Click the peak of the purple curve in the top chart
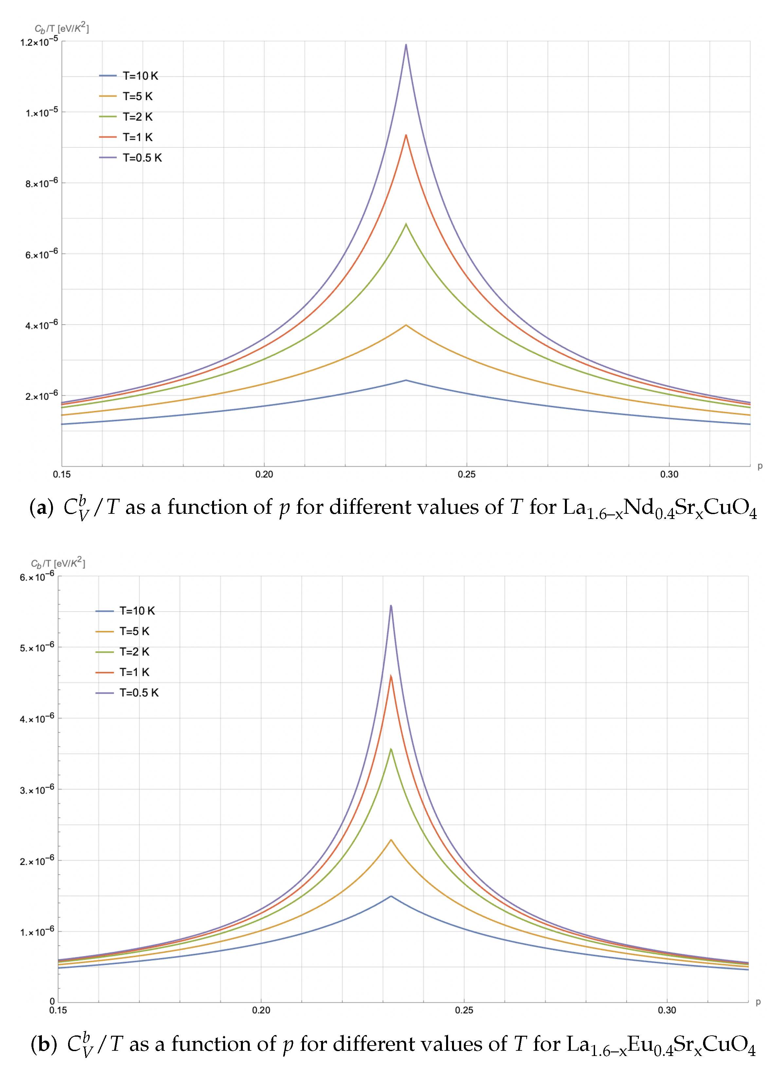click(406, 45)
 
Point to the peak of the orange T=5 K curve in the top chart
click(406, 325)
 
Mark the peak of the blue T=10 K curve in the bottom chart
click(391, 896)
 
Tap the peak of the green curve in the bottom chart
click(391, 749)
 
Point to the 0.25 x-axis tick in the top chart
click(466, 474)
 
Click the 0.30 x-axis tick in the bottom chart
click(667, 1010)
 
